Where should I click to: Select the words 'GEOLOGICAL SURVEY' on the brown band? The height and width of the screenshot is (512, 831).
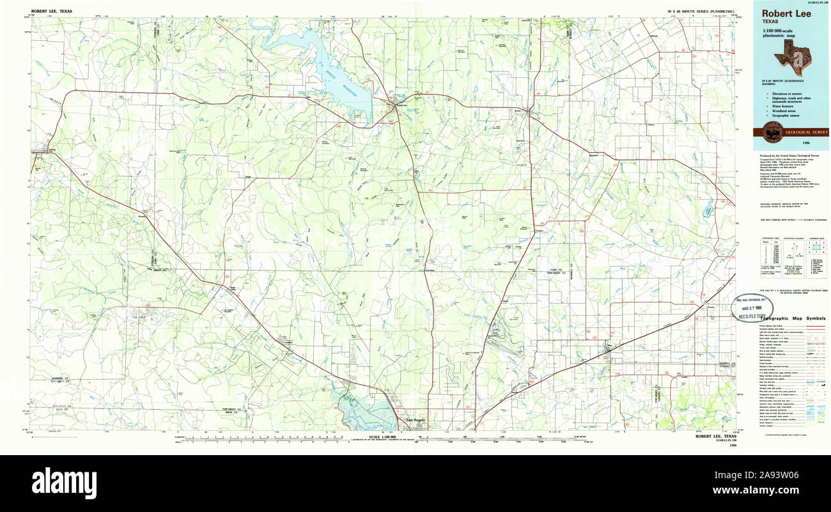click(806, 132)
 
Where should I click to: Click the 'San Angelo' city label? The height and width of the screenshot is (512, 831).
click(416, 419)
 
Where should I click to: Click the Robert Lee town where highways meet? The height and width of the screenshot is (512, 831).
click(398, 106)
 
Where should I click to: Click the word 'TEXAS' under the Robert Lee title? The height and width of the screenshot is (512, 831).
click(770, 21)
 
